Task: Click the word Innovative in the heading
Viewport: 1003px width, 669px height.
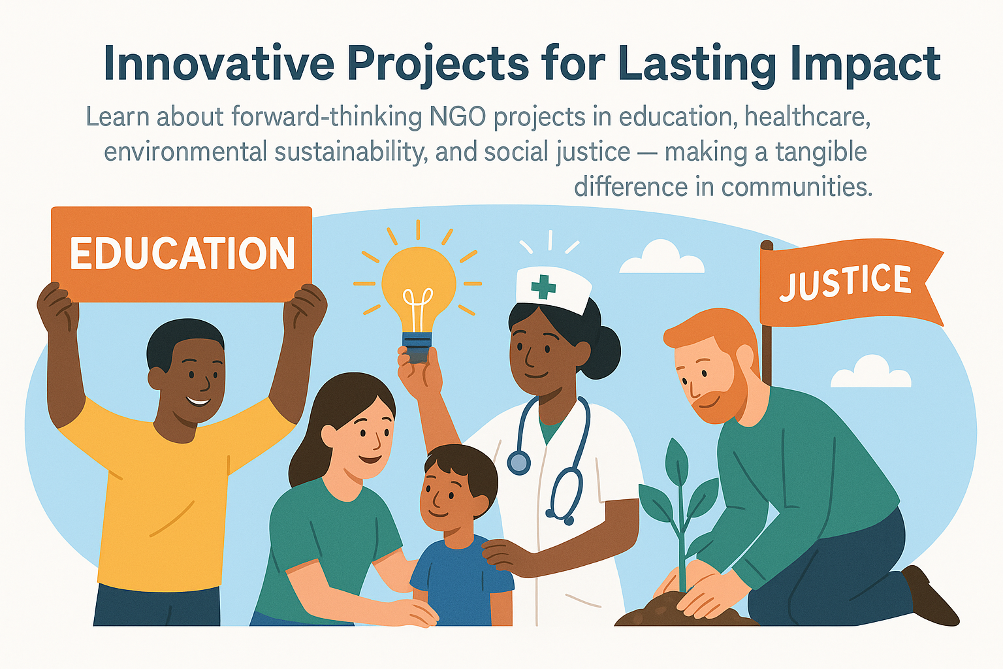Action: point(219,63)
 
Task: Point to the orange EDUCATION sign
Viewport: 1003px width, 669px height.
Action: point(182,254)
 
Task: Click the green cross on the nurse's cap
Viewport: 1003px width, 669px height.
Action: point(543,287)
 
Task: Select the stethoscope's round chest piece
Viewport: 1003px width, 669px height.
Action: point(519,462)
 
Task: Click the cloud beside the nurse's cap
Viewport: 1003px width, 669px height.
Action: point(661,257)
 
